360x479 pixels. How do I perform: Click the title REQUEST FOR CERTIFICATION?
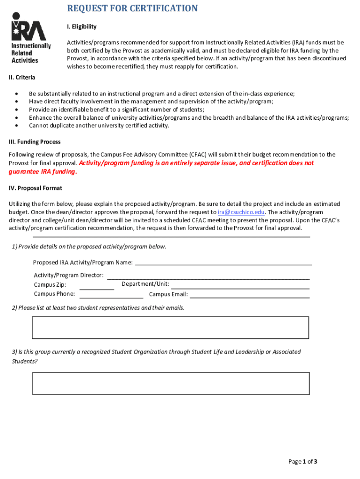click(132, 8)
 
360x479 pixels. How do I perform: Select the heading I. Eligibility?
click(81, 27)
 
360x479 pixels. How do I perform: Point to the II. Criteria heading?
click(22, 77)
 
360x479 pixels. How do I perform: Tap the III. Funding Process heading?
click(35, 142)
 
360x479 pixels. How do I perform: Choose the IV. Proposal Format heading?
click(36, 188)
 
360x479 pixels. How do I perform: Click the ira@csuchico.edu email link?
click(238, 212)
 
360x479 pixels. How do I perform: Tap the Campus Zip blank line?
click(97, 289)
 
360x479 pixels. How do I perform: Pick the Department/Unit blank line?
click(240, 287)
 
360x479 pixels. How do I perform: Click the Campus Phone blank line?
click(111, 297)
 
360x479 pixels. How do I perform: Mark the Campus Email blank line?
click(250, 297)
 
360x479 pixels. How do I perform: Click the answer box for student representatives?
click(170, 327)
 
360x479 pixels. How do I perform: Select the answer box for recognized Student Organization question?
click(171, 383)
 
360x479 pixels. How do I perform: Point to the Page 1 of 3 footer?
click(303, 462)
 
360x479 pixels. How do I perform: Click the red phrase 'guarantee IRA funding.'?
click(43, 172)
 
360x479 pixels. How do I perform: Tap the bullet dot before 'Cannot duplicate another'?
click(17, 125)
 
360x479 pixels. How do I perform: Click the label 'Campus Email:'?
click(168, 294)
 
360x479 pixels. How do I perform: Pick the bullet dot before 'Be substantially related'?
click(17, 94)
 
